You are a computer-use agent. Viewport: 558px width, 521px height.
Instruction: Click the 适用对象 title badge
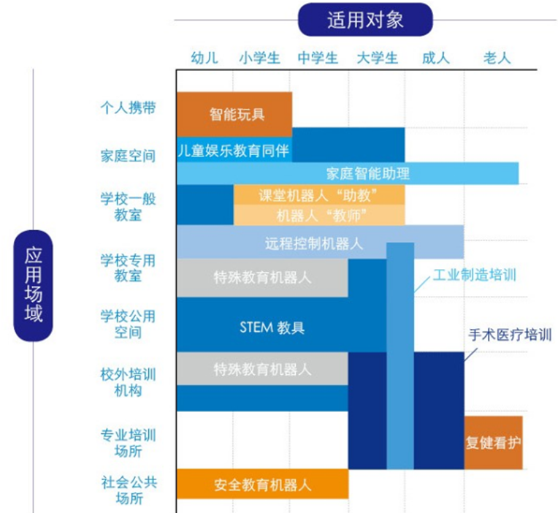[x=365, y=20]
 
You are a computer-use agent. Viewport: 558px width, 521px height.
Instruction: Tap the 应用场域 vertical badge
[x=33, y=286]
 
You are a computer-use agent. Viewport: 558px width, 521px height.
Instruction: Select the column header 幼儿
[x=205, y=58]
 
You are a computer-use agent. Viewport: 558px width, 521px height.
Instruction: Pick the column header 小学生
[x=260, y=58]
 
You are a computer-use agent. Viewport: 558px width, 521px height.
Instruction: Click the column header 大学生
[x=377, y=58]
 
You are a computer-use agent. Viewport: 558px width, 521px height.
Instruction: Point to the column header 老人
[x=497, y=58]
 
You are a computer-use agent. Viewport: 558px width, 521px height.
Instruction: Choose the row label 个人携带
[x=128, y=107]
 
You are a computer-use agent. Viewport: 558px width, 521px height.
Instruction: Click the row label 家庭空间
[x=128, y=156]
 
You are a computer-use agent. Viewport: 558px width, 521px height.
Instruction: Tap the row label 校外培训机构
[x=128, y=382]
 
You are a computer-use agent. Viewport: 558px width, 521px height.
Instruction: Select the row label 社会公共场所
[x=129, y=490]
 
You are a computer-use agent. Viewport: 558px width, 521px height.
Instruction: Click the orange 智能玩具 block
[x=234, y=114]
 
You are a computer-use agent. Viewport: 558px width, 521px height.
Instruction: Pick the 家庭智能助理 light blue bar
[x=348, y=173]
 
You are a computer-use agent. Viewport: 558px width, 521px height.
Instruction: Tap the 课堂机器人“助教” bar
[x=319, y=195]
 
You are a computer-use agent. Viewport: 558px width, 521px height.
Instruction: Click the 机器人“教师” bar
[x=319, y=215]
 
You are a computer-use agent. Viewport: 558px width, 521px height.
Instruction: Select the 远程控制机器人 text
[x=314, y=244]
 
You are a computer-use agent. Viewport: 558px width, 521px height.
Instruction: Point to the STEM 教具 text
[x=272, y=327]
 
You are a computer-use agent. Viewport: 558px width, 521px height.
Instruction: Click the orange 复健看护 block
[x=493, y=443]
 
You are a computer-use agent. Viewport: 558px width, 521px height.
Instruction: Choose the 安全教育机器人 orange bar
[x=263, y=484]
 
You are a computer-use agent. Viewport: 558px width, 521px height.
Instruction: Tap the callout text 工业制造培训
[x=474, y=275]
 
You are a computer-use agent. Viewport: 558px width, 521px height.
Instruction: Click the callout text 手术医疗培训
[x=510, y=335]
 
